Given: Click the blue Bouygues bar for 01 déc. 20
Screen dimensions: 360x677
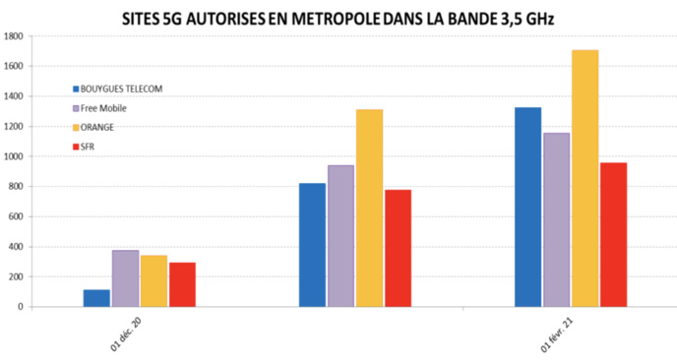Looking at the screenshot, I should point(96,298).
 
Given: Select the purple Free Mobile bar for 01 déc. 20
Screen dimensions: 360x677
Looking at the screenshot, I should point(125,278).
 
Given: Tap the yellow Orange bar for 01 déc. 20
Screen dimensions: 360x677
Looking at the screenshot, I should point(154,281).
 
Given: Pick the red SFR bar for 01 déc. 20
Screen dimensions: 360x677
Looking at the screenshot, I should point(182,284).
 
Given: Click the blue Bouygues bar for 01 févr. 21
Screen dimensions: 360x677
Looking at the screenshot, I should point(527,207).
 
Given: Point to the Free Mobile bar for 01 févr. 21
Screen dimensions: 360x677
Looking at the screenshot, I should point(556,219).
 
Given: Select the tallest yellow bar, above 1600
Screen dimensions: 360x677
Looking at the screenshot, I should point(585,178).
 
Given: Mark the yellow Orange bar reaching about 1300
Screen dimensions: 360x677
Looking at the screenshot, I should point(369,208).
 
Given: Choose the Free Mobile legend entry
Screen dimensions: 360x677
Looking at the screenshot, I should point(110,107).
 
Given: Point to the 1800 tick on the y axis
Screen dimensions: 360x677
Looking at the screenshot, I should point(14,36).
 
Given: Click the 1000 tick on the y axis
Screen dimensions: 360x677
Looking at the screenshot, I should point(14,156).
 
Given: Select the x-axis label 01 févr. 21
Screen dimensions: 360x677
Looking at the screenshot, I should point(557,331).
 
